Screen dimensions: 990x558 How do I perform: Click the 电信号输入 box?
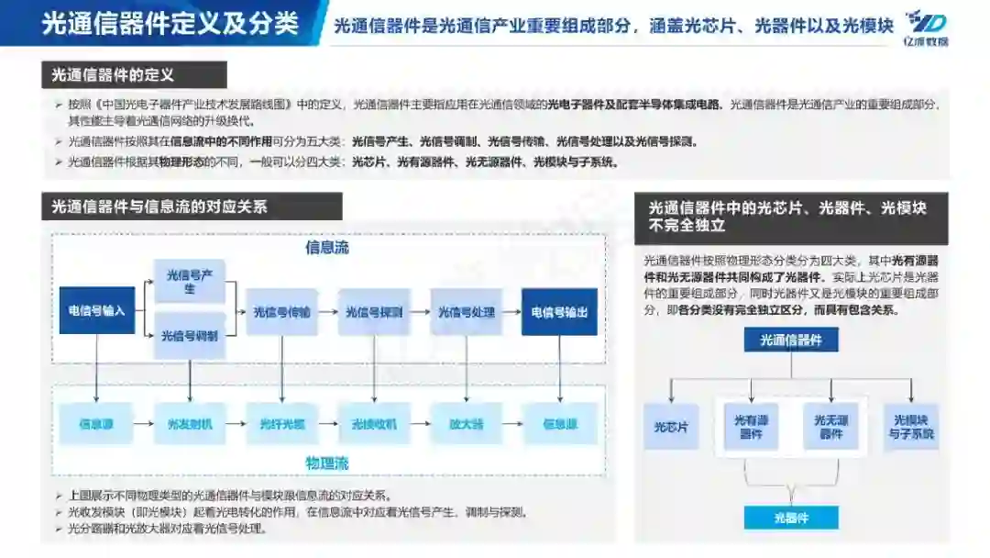97,311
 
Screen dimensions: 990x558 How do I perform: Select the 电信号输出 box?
558,311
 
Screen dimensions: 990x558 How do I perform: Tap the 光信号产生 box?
190,282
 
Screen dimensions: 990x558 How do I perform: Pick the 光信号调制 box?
190,336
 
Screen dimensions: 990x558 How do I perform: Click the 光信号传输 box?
281,311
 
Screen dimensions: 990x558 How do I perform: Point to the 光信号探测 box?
374,311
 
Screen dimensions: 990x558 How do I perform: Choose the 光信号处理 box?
467,311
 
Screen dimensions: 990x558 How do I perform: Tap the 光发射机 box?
190,424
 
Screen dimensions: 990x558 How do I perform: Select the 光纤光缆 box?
281,424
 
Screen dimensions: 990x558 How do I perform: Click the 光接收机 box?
374,424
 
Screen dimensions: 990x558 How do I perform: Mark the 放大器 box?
467,424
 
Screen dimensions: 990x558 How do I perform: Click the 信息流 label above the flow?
327,248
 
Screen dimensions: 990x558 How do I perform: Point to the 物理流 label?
327,463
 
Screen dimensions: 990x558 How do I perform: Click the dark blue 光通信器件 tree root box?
791,340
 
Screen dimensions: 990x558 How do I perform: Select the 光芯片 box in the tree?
670,427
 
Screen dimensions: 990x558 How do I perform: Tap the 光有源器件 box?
751,427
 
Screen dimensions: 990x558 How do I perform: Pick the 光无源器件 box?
830,427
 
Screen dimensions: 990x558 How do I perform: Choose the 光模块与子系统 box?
911,427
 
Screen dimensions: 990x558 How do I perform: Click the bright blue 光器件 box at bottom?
791,518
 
